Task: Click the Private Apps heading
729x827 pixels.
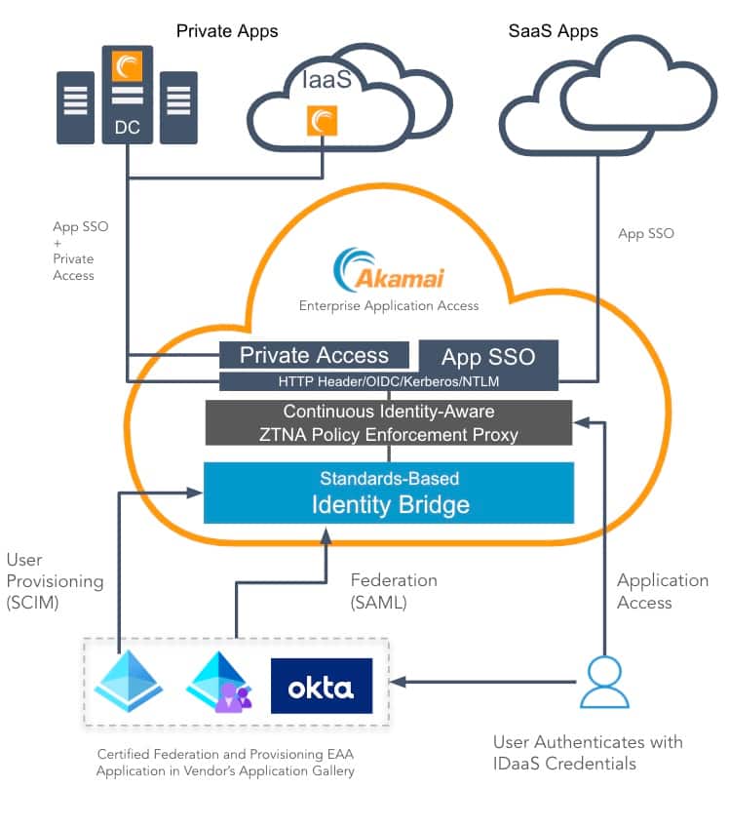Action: tap(227, 31)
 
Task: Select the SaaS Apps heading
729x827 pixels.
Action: tap(553, 31)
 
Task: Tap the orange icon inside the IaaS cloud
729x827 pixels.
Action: tap(322, 121)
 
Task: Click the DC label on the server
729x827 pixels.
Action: tap(127, 126)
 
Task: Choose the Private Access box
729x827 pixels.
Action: tap(314, 355)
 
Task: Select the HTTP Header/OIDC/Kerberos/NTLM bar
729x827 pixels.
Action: tap(389, 380)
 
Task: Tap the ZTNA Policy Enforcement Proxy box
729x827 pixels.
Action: tap(389, 422)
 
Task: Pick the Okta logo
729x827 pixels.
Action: tap(322, 686)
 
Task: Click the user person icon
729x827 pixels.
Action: tap(603, 683)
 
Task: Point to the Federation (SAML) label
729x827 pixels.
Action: tap(394, 592)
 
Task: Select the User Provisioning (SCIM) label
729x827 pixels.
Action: tap(54, 581)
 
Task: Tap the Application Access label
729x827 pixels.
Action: tap(663, 591)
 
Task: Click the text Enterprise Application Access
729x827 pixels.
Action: tap(389, 305)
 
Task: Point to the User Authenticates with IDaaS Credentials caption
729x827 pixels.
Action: tap(588, 752)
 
